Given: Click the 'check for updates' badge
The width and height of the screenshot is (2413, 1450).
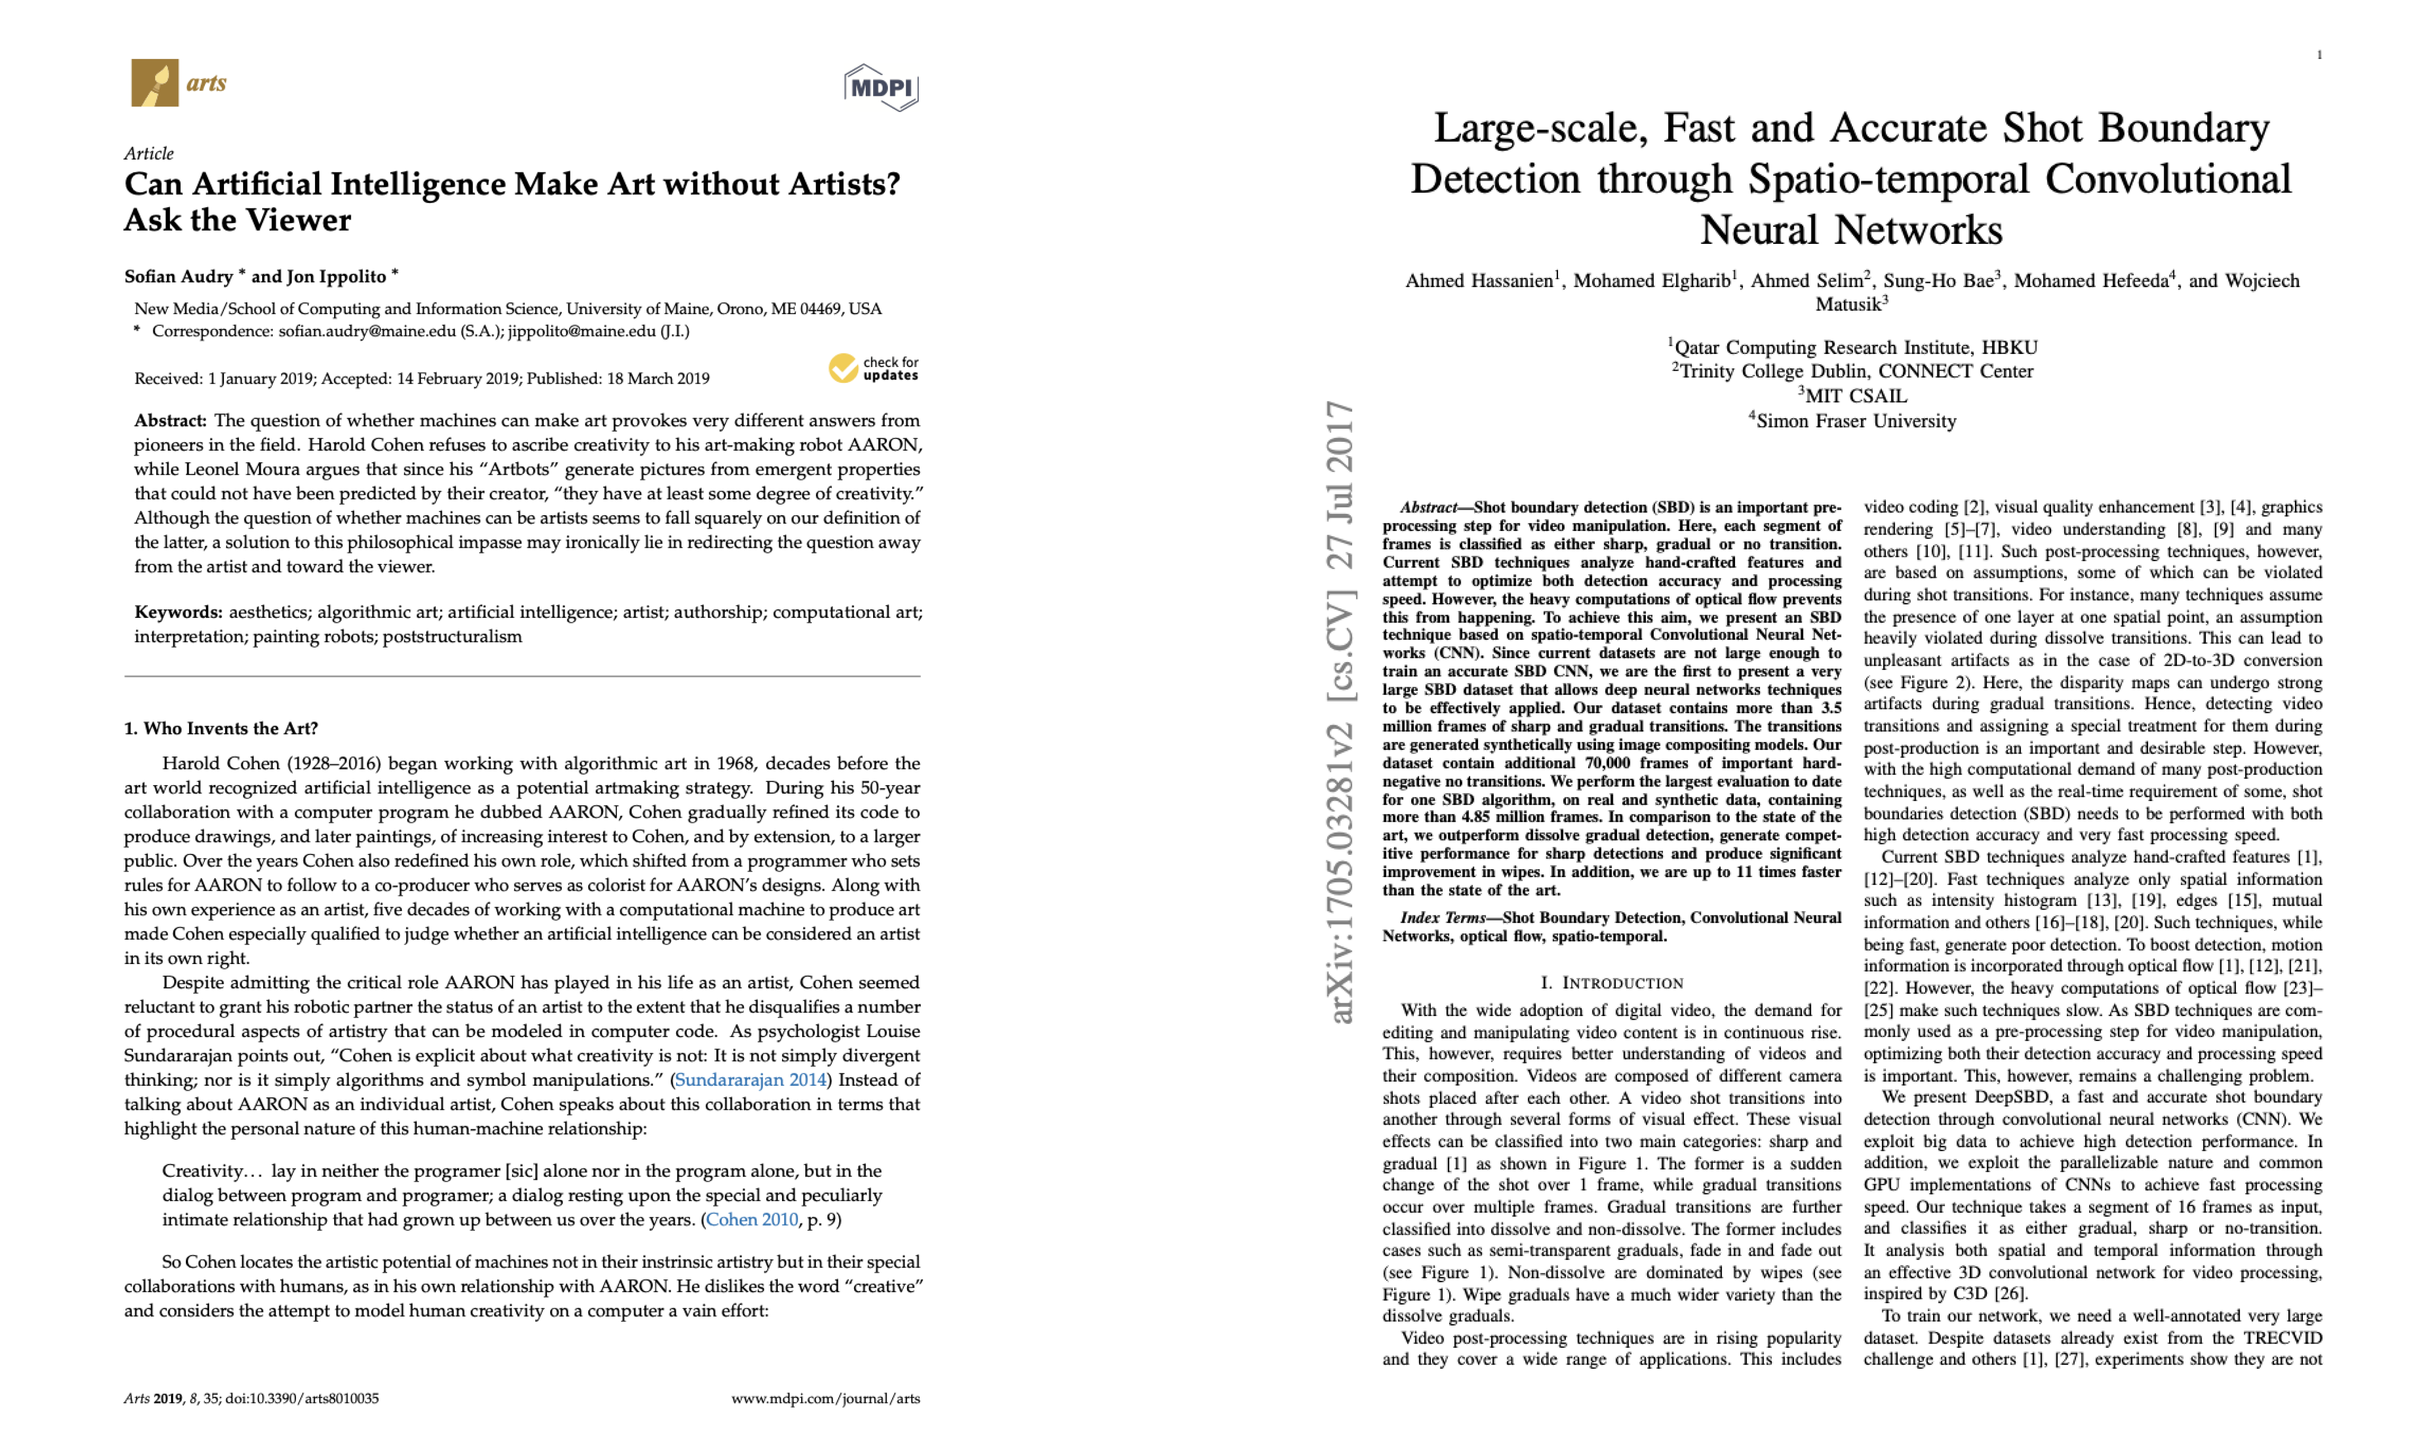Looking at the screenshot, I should click(874, 368).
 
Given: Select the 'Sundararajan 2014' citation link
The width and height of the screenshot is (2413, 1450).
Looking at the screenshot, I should click(750, 1080).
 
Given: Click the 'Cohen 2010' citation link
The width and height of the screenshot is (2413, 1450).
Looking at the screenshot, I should click(751, 1220).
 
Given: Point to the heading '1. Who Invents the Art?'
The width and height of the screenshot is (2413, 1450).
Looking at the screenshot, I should click(221, 728).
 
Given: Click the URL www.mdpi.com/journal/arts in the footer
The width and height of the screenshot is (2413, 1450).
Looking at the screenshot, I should click(826, 1398).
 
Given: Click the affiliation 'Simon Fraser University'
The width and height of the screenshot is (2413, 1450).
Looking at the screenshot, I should click(1855, 421).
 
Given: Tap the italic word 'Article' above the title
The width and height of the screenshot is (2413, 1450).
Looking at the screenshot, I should click(149, 153).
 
